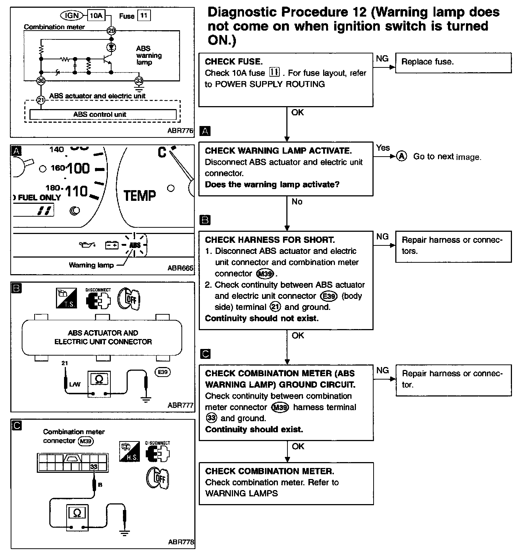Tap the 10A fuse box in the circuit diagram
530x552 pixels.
click(96, 15)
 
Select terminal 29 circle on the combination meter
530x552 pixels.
click(111, 31)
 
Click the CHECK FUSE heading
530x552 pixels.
click(233, 62)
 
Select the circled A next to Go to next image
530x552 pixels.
click(402, 156)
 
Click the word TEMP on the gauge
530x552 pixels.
click(139, 195)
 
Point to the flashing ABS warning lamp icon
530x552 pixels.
click(135, 245)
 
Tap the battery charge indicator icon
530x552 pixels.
click(112, 245)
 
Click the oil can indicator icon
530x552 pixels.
click(87, 244)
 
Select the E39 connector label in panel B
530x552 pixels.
click(162, 372)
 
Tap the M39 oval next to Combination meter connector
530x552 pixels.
click(86, 441)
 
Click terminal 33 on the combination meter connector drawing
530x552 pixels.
click(94, 467)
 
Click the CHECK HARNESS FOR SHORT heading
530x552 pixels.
click(270, 240)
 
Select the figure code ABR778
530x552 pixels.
click(181, 542)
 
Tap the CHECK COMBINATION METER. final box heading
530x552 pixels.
click(269, 471)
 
